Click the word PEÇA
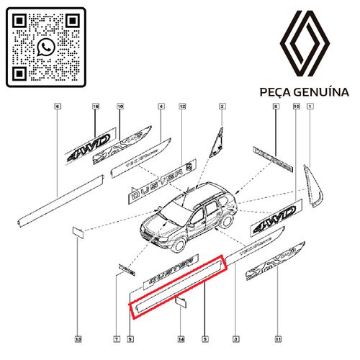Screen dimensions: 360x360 coord(274,92)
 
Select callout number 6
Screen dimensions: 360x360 coord(57,107)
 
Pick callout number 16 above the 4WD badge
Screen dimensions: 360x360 coord(94,107)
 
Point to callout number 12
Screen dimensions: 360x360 coord(183,107)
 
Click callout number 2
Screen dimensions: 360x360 coord(222,107)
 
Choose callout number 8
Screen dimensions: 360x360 coord(275,107)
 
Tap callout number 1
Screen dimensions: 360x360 coord(310,107)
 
